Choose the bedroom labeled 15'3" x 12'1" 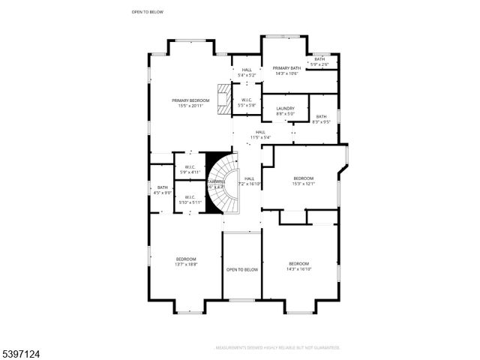pos(302,181)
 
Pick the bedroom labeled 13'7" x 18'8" pos(186,262)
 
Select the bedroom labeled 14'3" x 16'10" pos(298,266)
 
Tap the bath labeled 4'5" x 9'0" pos(163,190)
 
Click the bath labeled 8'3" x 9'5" pos(321,118)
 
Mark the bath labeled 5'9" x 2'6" pos(319,61)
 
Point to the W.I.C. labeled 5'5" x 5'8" pos(246,103)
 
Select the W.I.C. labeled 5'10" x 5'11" pos(190,200)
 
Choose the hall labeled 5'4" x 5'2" pos(246,72)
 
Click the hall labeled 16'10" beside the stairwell pos(249,181)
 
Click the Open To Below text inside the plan pos(241,269)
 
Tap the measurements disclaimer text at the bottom pos(277,348)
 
